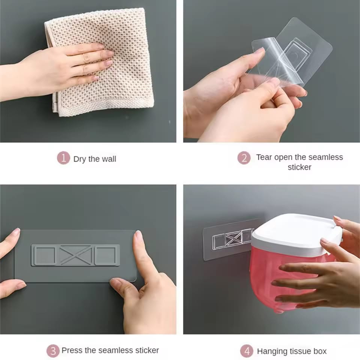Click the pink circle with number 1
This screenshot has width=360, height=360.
click(63, 158)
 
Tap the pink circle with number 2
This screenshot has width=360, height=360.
click(244, 158)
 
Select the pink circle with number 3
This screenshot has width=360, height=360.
click(53, 351)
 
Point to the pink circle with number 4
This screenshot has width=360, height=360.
click(246, 351)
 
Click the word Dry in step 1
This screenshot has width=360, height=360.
click(80, 159)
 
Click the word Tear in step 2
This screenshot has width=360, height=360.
click(264, 157)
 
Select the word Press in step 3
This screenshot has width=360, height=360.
click(72, 350)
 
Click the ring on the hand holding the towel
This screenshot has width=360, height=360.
click(86, 58)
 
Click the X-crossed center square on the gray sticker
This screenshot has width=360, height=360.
click(75, 255)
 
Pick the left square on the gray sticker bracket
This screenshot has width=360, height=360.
click(44, 255)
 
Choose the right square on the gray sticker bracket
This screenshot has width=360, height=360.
click(107, 255)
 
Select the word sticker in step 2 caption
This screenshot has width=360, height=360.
click(299, 167)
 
